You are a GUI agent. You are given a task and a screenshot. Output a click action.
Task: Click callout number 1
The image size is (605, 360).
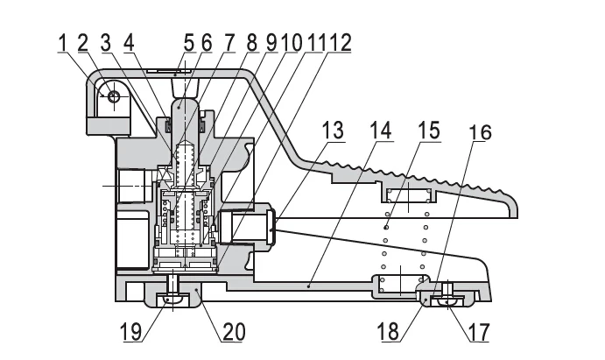tap(62, 42)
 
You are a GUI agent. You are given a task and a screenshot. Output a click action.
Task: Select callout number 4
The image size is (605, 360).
tap(129, 42)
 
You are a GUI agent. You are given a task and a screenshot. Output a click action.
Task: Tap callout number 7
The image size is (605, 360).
tap(229, 42)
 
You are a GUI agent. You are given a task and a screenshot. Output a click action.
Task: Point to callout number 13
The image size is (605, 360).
tap(333, 130)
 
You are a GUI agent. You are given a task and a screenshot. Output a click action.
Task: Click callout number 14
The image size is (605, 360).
tap(381, 130)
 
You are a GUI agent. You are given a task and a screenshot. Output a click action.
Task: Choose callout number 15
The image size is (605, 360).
tap(429, 130)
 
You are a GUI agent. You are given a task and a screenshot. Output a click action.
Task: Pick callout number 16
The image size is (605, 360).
tap(481, 132)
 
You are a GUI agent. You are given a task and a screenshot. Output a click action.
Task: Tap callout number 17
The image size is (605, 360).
tap(479, 332)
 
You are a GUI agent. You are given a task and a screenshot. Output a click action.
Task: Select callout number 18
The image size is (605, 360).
tap(388, 332)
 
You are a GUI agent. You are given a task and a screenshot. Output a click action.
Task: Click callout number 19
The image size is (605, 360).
tap(131, 332)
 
